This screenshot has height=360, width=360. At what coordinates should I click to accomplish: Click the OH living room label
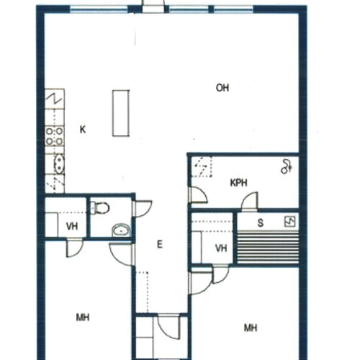[x=222, y=88]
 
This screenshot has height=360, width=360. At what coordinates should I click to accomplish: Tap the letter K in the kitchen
[x=83, y=130]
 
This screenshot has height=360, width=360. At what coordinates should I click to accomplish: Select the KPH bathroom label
[x=239, y=183]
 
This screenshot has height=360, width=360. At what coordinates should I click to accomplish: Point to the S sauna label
[x=261, y=222]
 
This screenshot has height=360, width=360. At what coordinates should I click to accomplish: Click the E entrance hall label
[x=159, y=245]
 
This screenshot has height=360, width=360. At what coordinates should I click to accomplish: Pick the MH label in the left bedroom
[x=83, y=318]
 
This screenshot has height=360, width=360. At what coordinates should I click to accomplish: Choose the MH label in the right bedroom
[x=251, y=328]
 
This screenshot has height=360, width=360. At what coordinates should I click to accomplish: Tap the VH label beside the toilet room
[x=72, y=226]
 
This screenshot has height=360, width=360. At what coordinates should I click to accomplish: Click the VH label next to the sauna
[x=221, y=248]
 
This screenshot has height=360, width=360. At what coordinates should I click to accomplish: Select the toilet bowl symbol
[x=100, y=208]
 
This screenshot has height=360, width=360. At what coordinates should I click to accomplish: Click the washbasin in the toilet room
[x=121, y=230]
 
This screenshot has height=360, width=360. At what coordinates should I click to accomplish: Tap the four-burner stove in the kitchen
[x=55, y=136]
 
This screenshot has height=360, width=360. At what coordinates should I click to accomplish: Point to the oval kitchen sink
[x=58, y=164]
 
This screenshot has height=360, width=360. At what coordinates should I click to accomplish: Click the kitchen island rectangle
[x=121, y=113]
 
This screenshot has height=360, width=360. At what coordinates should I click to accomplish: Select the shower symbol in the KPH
[x=286, y=166]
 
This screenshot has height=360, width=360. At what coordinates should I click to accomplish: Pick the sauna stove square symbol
[x=290, y=222]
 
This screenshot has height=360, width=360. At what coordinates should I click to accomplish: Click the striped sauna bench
[x=268, y=247]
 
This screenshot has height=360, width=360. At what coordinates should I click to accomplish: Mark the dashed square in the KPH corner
[x=202, y=167]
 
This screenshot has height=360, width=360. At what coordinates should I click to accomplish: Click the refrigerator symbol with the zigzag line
[x=55, y=99]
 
